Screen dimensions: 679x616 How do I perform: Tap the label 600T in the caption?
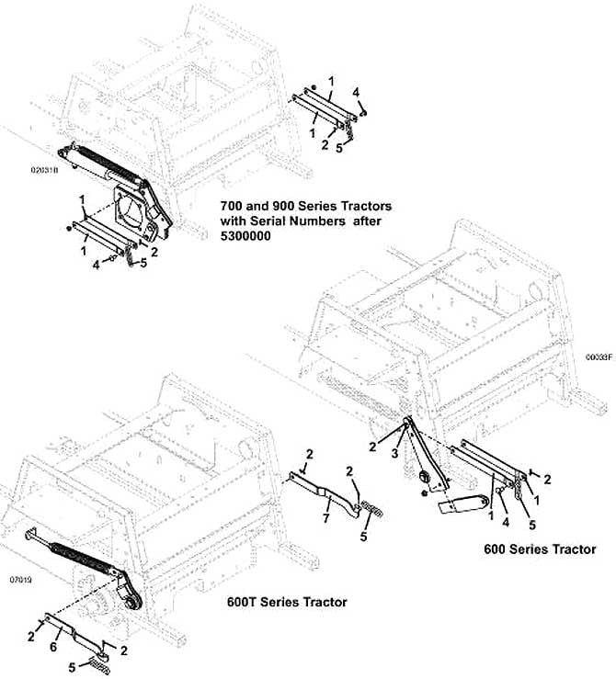coord(245,602)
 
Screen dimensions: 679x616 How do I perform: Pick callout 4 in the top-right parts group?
coord(357,91)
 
